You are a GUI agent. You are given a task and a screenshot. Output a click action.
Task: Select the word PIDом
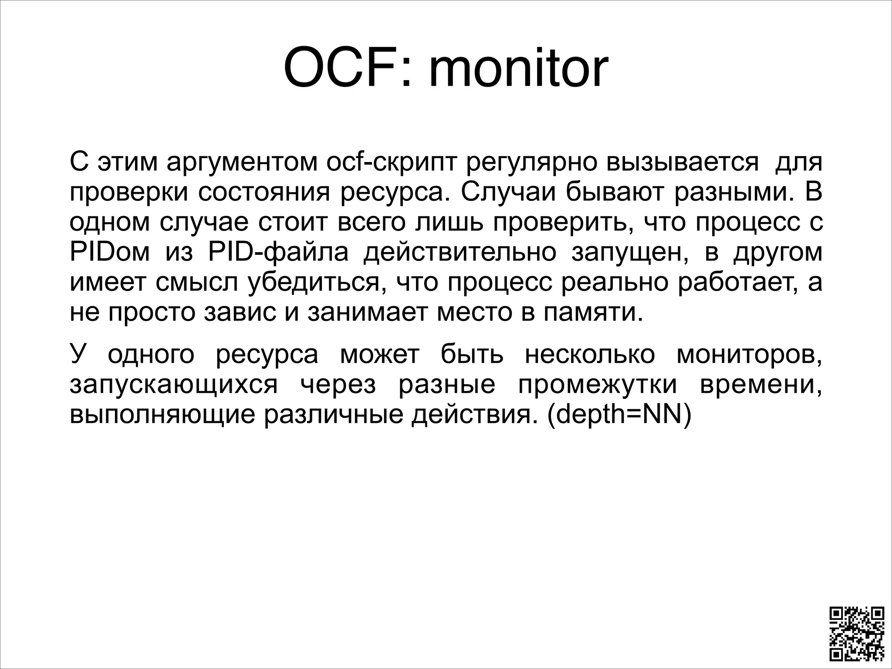point(109,253)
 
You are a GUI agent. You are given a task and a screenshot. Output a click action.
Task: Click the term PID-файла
point(278,253)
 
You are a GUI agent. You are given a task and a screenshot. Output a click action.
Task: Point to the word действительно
point(460,253)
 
